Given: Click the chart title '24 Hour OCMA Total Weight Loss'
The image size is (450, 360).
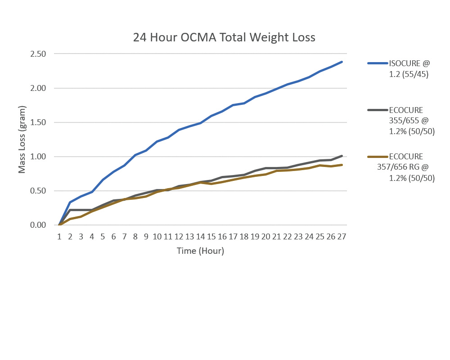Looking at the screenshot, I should pyautogui.click(x=224, y=37).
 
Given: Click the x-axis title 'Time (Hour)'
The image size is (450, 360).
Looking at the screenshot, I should pyautogui.click(x=200, y=251).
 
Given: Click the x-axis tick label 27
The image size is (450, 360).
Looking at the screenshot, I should pyautogui.click(x=342, y=236).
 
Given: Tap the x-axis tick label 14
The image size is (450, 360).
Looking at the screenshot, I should pyautogui.click(x=201, y=236).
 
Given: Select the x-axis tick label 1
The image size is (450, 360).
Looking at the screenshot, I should pyautogui.click(x=59, y=236).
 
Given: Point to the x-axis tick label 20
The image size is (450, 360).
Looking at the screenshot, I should pyautogui.click(x=266, y=236).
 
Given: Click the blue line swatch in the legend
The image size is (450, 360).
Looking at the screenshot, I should pyautogui.click(x=377, y=63).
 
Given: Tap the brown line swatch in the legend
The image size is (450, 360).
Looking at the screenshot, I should pyautogui.click(x=377, y=157).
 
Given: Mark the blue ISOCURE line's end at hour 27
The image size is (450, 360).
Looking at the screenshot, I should pyautogui.click(x=342, y=62).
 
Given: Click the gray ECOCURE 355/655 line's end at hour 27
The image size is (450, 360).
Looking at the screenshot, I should pyautogui.click(x=342, y=156).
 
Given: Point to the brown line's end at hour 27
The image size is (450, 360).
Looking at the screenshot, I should pyautogui.click(x=342, y=165).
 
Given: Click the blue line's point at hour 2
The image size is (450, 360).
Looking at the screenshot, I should pyautogui.click(x=70, y=202).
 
